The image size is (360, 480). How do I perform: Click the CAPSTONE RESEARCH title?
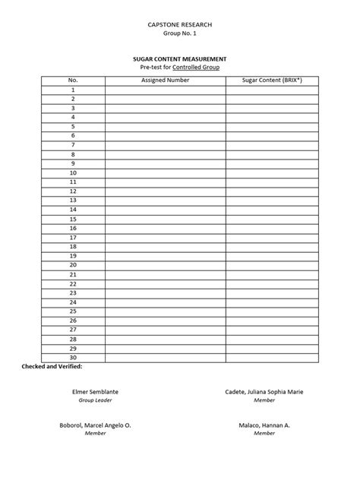[179, 25]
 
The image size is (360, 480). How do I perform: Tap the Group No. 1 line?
[179, 35]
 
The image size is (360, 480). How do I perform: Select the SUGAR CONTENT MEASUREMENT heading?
[179, 58]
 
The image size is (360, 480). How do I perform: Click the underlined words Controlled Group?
[195, 68]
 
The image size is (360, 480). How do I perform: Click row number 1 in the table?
[73, 90]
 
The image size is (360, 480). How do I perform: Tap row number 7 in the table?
[73, 144]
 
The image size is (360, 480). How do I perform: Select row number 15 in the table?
[73, 219]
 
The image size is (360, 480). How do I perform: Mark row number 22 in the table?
[73, 283]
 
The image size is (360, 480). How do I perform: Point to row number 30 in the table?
[73, 357]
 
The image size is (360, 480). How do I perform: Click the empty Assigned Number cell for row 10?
[165, 172]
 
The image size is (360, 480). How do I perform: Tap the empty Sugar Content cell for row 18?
[271, 246]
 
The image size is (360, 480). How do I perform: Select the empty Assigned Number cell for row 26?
[165, 321]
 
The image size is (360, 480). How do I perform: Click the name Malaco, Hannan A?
[264, 425]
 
